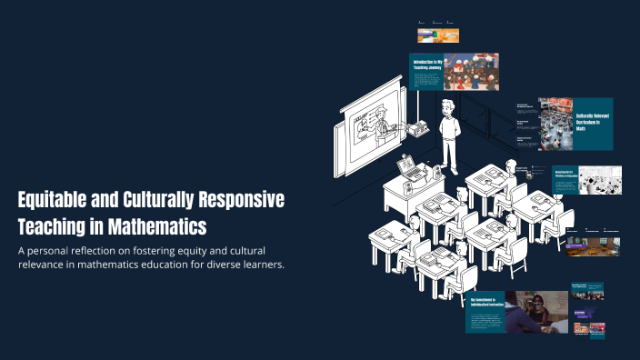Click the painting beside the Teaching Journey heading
(471, 72)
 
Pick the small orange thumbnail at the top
(437, 35)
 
